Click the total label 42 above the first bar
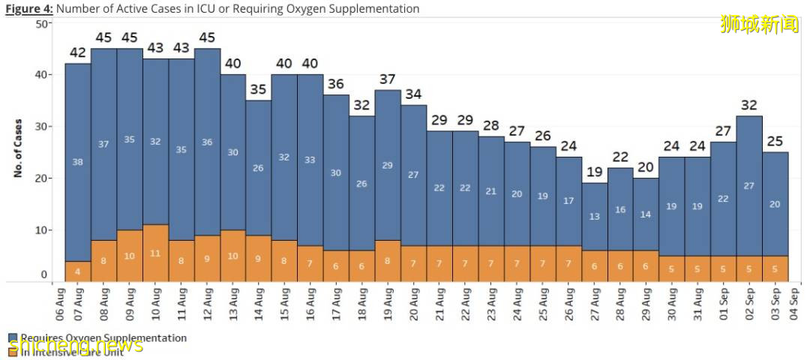coord(78,52)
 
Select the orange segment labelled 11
coord(155,253)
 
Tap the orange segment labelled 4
coord(78,271)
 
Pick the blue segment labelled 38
coord(78,161)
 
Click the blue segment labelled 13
coord(595,216)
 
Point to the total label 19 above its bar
coord(595,172)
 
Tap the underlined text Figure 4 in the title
coord(28,9)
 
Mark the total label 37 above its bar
coord(388,79)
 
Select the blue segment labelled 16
coord(621,210)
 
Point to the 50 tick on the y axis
coord(43,23)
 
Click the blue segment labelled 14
coord(646,214)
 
